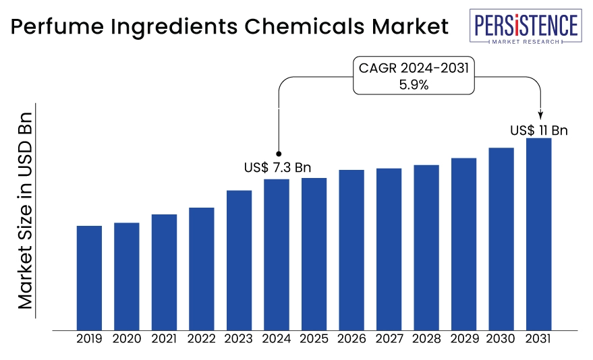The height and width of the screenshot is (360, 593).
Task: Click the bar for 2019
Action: pyautogui.click(x=89, y=277)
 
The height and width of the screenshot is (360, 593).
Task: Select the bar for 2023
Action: pyautogui.click(x=239, y=260)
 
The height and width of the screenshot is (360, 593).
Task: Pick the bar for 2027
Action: pyautogui.click(x=389, y=249)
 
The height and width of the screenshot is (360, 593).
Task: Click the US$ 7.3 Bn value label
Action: pyautogui.click(x=277, y=167)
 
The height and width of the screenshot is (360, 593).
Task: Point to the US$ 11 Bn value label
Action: pyautogui.click(x=538, y=130)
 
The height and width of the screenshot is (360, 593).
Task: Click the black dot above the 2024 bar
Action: pyautogui.click(x=279, y=153)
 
